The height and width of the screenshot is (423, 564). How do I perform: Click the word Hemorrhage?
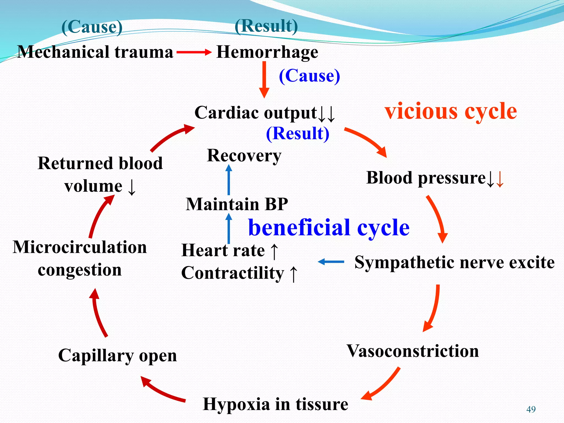(x=267, y=52)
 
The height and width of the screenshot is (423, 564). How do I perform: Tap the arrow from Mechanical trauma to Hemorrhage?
(x=194, y=52)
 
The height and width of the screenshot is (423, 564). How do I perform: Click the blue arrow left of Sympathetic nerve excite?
(x=331, y=262)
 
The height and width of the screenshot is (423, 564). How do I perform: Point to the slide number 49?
(x=531, y=410)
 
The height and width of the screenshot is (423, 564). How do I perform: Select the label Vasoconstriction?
(x=413, y=351)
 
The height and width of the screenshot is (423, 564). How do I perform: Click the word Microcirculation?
(x=80, y=247)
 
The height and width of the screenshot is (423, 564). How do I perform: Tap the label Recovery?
(x=244, y=156)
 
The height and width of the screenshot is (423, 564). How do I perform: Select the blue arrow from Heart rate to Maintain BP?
(x=229, y=229)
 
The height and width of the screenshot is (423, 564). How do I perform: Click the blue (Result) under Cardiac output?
(x=297, y=134)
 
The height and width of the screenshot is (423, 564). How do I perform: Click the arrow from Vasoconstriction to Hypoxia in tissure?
(x=381, y=384)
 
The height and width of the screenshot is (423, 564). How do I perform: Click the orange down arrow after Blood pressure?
(x=500, y=179)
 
